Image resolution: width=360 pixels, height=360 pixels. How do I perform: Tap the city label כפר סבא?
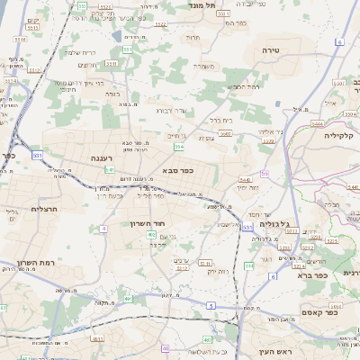[177, 168]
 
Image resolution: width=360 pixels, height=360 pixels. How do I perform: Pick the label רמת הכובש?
[245, 86]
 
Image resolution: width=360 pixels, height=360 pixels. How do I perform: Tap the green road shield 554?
[180, 145]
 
